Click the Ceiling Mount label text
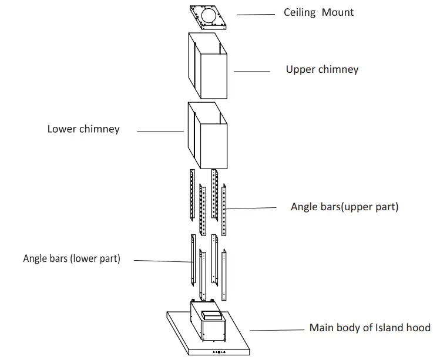pyautogui.click(x=318, y=12)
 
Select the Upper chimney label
pyautogui.click(x=322, y=69)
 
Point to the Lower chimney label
pyautogui.click(x=83, y=129)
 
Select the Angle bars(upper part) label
pyautogui.click(x=344, y=207)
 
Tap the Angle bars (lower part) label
pyautogui.click(x=72, y=258)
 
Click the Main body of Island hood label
pyautogui.click(x=370, y=328)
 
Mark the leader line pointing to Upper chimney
pyautogui.click(x=251, y=71)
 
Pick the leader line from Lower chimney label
pyautogui.click(x=160, y=131)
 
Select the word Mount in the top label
pyautogui.click(x=338, y=12)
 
